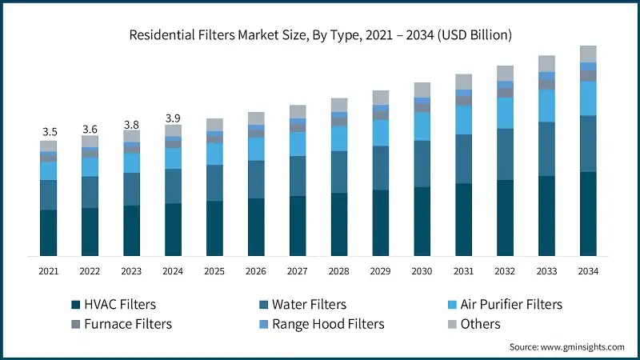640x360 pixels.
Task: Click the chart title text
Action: coord(319,35)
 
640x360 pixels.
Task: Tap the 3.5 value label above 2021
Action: coord(49,131)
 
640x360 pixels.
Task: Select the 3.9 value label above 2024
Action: coord(173,118)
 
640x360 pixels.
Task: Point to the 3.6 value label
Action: coord(90,129)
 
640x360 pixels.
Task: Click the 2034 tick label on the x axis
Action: coord(588,272)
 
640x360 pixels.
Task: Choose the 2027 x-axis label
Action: coord(298,272)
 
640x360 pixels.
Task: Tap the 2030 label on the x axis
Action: coord(422,272)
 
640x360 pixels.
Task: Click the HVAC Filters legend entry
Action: coord(113,305)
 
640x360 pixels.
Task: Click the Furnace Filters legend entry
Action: coord(120,324)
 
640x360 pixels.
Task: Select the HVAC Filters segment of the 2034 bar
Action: coord(588,214)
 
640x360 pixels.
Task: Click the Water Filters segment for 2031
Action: coord(464,159)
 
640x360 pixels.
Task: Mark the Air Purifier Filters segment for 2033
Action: coord(547,106)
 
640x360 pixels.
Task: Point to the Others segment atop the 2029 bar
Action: coord(381,98)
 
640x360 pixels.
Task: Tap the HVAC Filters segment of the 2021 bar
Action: coord(49,233)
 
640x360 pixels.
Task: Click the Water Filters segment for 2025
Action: coord(214,182)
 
